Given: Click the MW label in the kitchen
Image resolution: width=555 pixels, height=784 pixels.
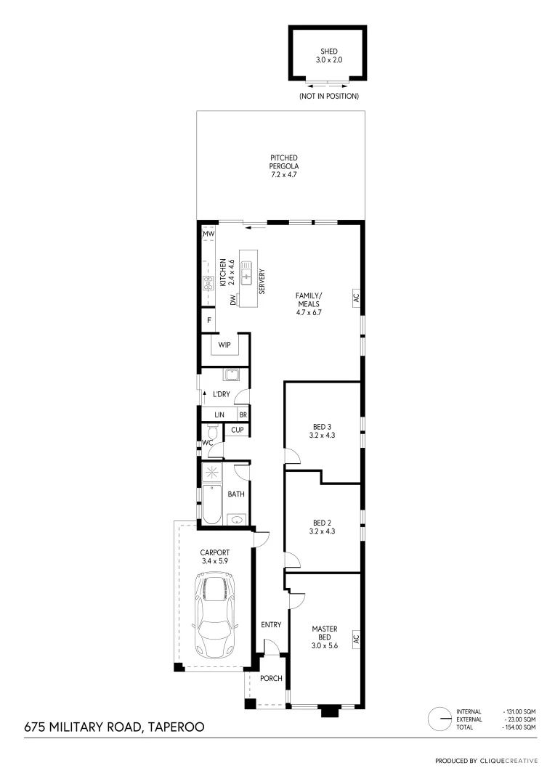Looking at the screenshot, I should tap(208, 233).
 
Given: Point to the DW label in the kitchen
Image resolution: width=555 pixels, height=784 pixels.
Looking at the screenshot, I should tap(233, 300).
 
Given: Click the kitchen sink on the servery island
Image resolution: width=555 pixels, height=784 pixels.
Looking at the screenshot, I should tap(247, 277).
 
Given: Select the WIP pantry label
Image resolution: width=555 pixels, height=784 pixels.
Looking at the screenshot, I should tap(224, 345).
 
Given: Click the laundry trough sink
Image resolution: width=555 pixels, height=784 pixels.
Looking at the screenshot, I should tap(232, 375).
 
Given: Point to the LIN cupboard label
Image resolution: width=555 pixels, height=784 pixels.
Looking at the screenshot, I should tap(219, 415).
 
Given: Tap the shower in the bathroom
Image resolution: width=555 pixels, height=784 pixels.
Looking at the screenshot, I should tap(214, 473).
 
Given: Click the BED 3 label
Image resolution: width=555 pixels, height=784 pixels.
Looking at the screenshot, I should tap(322, 431).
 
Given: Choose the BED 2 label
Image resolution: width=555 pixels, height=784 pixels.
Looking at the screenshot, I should tap(322, 527).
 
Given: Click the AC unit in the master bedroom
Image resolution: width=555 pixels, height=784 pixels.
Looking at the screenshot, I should tap(356, 639).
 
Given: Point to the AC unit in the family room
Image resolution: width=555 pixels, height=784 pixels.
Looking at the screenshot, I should tap(356, 298).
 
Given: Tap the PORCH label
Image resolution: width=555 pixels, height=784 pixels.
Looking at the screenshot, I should tap(271, 679).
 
